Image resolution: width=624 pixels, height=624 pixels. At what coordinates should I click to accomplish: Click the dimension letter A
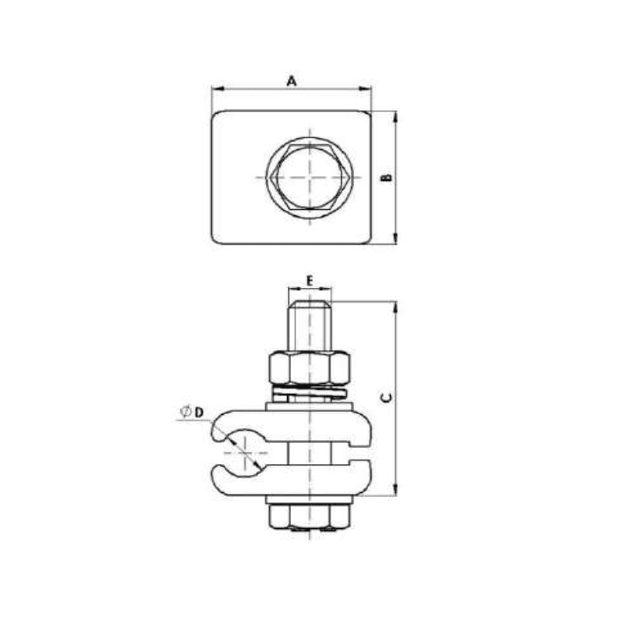(292, 81)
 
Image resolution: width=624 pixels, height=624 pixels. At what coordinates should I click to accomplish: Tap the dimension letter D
(200, 410)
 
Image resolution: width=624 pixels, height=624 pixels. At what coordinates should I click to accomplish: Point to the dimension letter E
(310, 279)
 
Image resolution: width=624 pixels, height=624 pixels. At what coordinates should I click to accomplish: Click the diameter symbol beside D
(186, 410)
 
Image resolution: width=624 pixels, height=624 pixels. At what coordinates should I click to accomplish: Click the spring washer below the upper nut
(310, 389)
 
